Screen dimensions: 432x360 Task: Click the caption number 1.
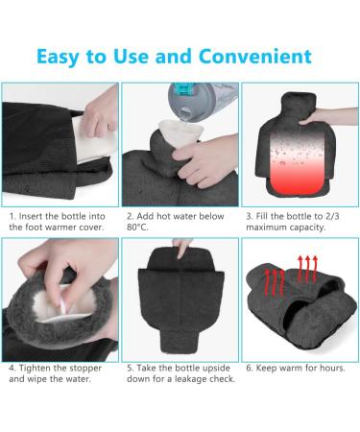pos(12,216)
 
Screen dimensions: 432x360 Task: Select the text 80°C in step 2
pos(140,228)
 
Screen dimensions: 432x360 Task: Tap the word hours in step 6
pos(332,367)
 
